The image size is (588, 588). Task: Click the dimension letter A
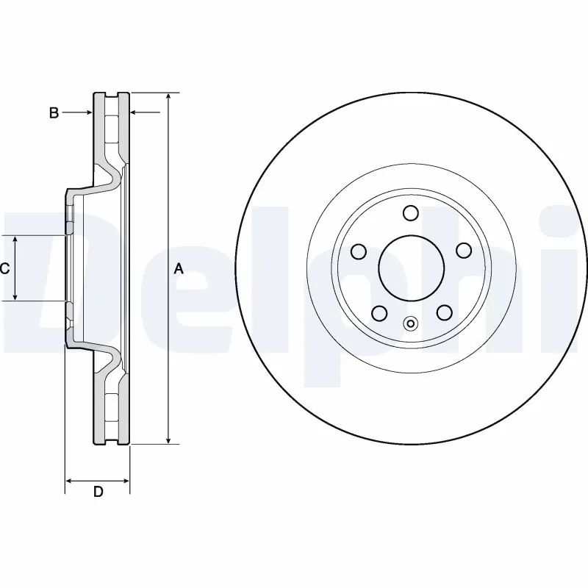click(x=178, y=269)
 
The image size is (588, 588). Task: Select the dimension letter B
click(x=53, y=112)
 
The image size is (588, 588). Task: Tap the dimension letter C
click(x=4, y=269)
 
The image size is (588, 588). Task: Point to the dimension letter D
click(x=98, y=492)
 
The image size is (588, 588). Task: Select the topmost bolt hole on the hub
click(x=411, y=214)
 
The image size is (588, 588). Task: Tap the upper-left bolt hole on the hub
click(x=359, y=252)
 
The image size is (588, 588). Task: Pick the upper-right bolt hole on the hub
click(x=463, y=251)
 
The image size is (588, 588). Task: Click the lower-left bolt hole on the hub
click(x=379, y=313)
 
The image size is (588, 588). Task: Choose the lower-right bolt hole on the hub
click(x=443, y=313)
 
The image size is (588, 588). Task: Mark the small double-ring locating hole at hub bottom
click(x=411, y=322)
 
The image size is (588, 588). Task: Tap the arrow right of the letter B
click(x=86, y=112)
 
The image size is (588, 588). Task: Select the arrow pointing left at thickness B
click(x=135, y=112)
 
